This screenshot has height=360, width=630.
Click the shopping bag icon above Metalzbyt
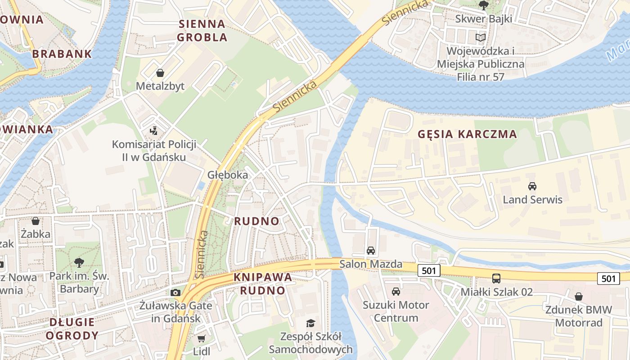click(x=160, y=72)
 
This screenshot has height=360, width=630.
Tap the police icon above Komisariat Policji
click(x=154, y=131)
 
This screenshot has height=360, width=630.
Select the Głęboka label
click(x=227, y=175)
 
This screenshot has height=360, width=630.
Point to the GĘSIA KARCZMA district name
click(x=467, y=134)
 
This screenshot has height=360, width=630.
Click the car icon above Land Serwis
click(x=532, y=186)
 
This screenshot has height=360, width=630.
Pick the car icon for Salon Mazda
click(x=370, y=251)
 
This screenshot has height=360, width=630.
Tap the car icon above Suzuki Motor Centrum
click(x=396, y=292)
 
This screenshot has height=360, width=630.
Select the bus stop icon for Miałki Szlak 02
click(x=496, y=279)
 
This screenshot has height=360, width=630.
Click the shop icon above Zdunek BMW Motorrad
click(x=579, y=297)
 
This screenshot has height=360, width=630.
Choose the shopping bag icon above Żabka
click(x=36, y=221)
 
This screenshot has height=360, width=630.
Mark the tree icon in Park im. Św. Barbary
click(x=79, y=262)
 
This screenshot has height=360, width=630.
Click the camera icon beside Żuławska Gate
click(x=175, y=293)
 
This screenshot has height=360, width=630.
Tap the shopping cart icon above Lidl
click(x=201, y=338)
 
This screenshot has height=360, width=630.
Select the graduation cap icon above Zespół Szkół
click(x=310, y=323)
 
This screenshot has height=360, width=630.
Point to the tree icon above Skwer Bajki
click(x=484, y=5)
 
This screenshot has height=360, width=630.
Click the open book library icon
click(x=481, y=37)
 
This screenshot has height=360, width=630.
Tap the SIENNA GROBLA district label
click(x=202, y=30)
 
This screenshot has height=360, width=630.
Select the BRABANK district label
click(x=62, y=54)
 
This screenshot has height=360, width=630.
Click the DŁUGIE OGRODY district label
click(x=72, y=328)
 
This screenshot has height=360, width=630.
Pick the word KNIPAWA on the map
click(x=263, y=277)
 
